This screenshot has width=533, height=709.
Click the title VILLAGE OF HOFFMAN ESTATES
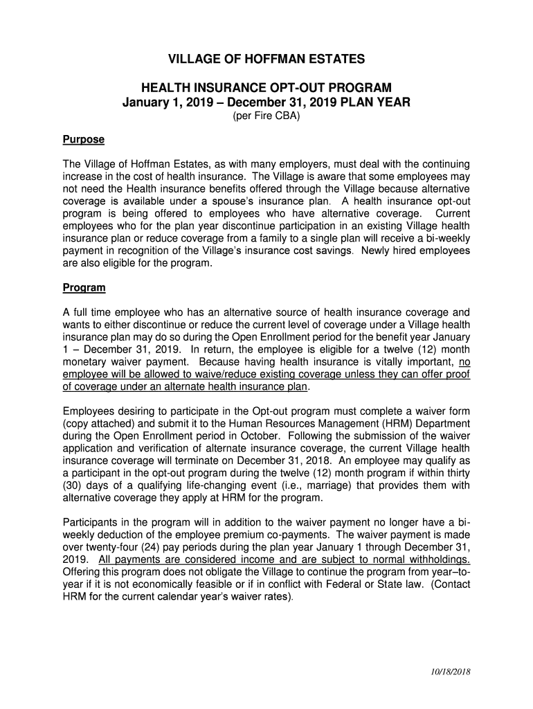click(x=266, y=60)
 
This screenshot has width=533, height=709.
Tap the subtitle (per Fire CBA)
click(x=266, y=116)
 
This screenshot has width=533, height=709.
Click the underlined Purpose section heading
click(x=83, y=139)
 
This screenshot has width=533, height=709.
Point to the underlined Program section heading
click(x=84, y=287)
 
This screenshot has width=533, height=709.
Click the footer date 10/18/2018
click(x=448, y=672)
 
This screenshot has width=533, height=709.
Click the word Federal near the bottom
click(x=348, y=584)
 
